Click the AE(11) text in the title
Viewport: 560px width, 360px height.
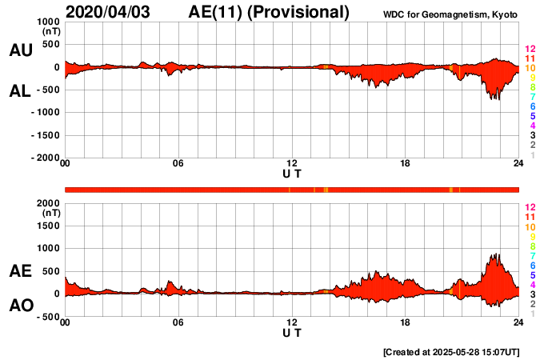(x=218, y=12)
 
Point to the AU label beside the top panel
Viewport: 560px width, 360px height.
(x=21, y=50)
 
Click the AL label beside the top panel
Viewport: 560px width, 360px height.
(x=21, y=91)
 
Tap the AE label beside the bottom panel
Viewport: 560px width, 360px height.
(x=21, y=272)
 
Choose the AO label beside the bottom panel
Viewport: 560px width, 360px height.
(x=21, y=306)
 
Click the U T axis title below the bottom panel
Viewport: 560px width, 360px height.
(x=292, y=332)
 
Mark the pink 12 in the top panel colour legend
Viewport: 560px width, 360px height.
(x=529, y=50)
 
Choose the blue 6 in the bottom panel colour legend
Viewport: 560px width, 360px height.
(x=531, y=265)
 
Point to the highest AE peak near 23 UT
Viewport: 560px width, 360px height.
(x=497, y=254)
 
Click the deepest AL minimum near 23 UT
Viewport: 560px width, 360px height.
(x=498, y=99)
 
